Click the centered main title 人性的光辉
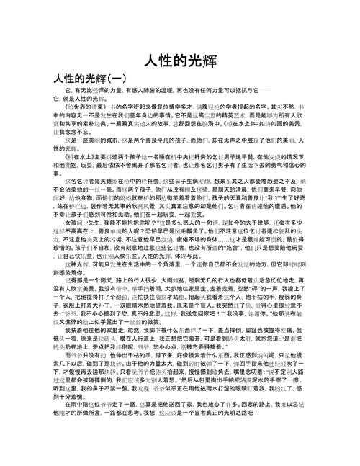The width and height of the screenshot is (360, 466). pos(179,60)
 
